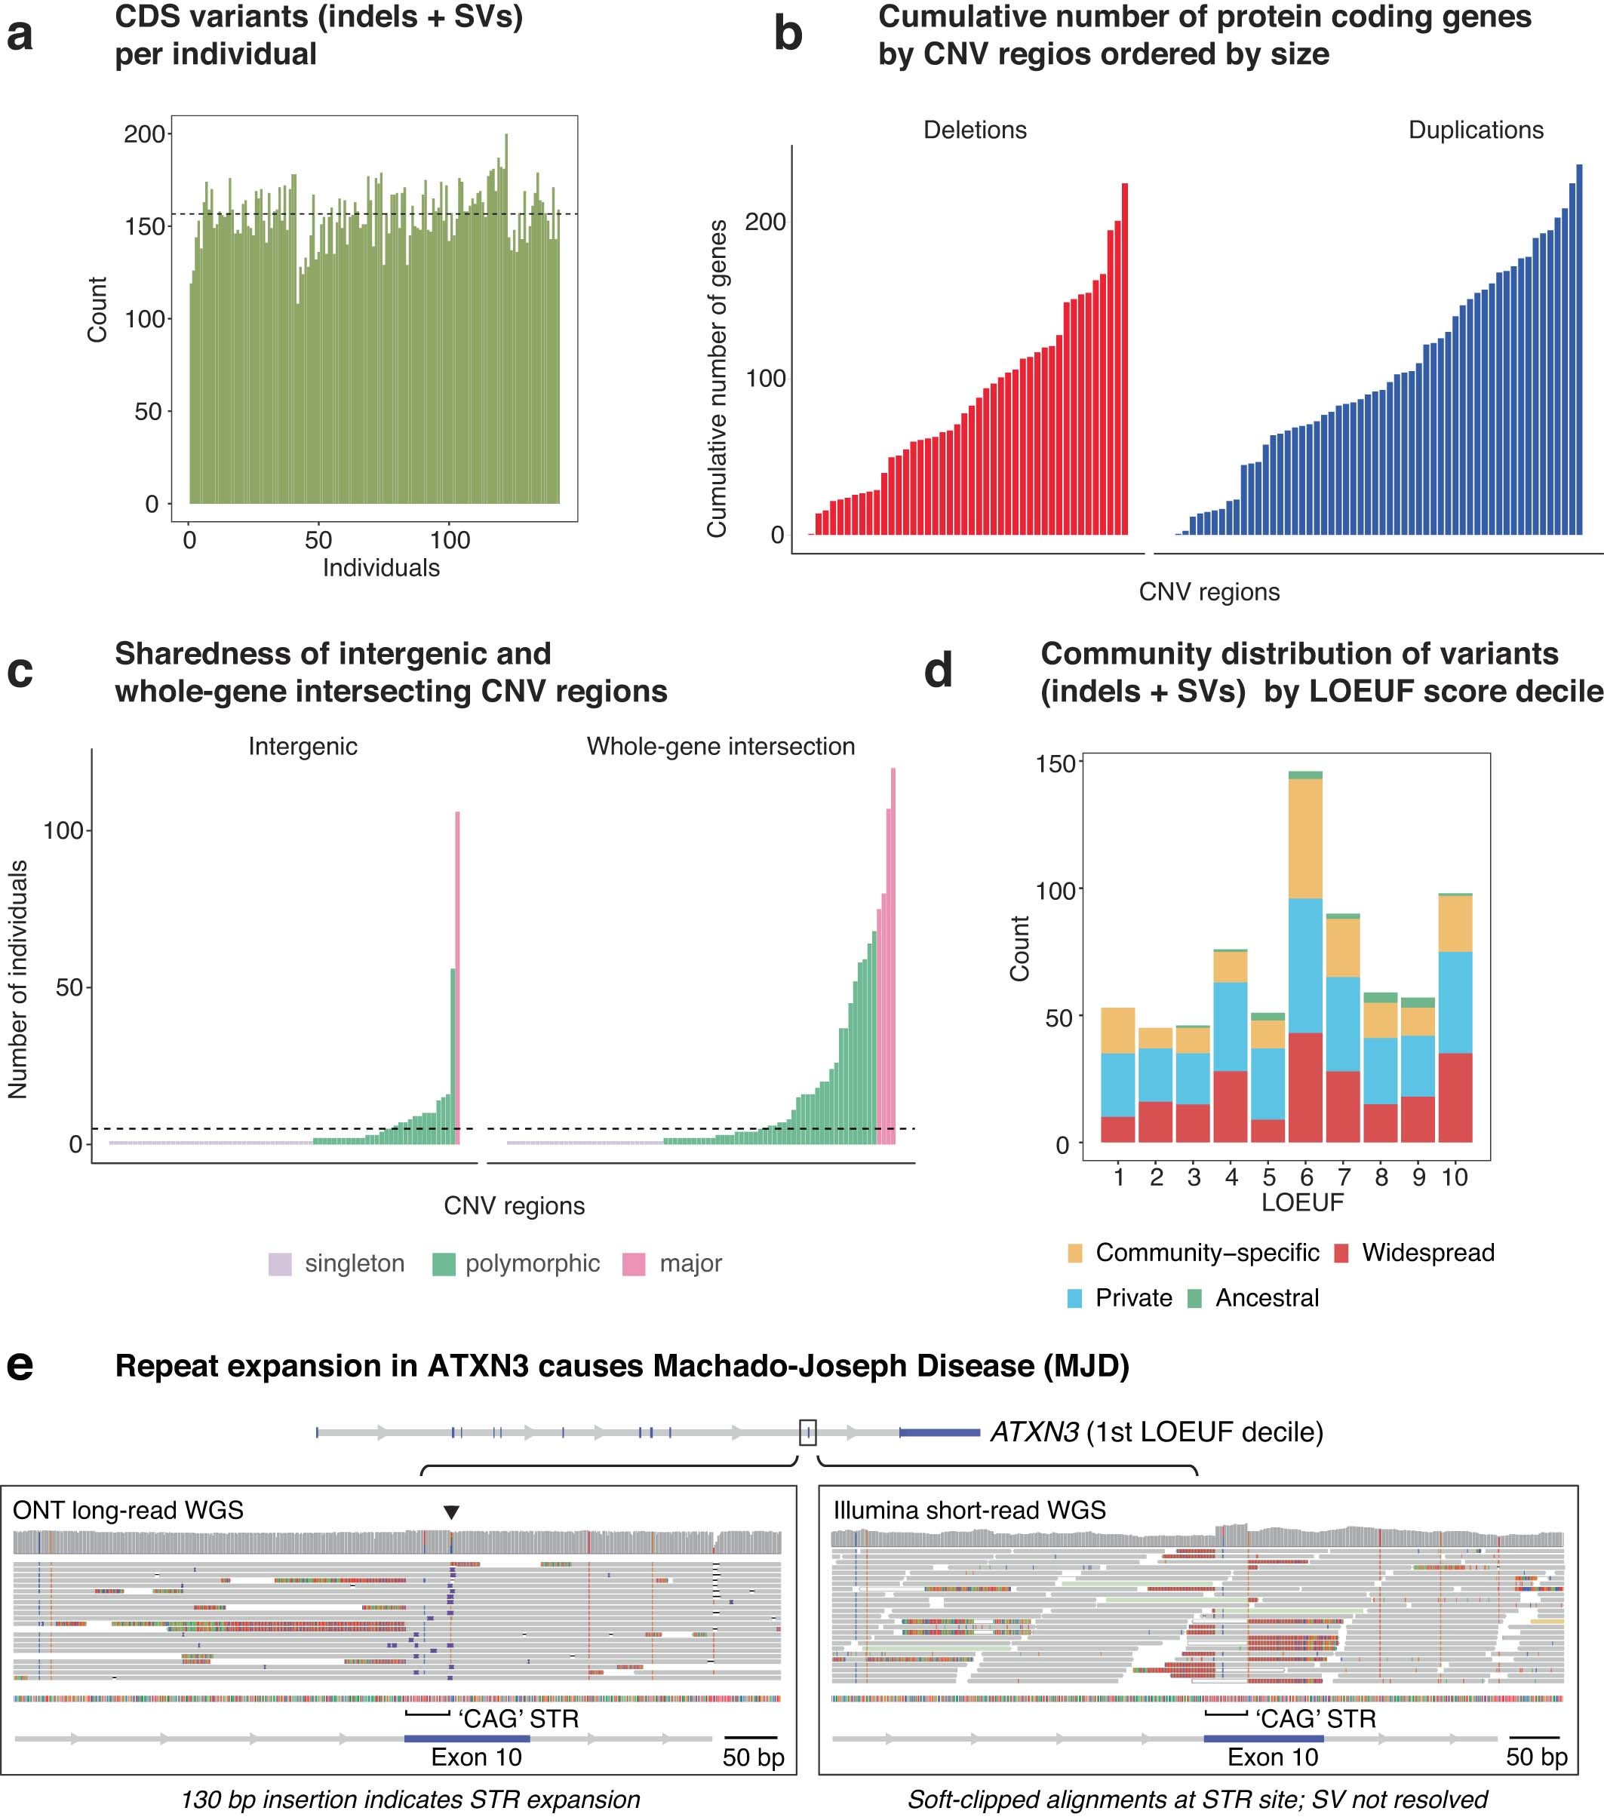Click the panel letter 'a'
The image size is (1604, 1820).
click(20, 35)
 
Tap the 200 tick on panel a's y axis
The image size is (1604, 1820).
click(145, 134)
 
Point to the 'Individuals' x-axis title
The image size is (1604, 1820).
click(380, 568)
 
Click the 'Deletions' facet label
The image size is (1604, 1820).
click(974, 130)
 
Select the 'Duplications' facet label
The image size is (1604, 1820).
click(1475, 130)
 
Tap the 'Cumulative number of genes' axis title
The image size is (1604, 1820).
click(717, 379)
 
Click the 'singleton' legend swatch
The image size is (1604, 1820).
click(281, 1264)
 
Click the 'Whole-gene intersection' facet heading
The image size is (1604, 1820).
click(720, 746)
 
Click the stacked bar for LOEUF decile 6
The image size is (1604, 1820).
click(1306, 956)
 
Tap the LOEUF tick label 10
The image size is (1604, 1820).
click(1455, 1177)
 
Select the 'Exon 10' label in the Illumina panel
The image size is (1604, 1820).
click(1272, 1757)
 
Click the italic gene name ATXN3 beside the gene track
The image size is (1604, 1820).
click(1034, 1432)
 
